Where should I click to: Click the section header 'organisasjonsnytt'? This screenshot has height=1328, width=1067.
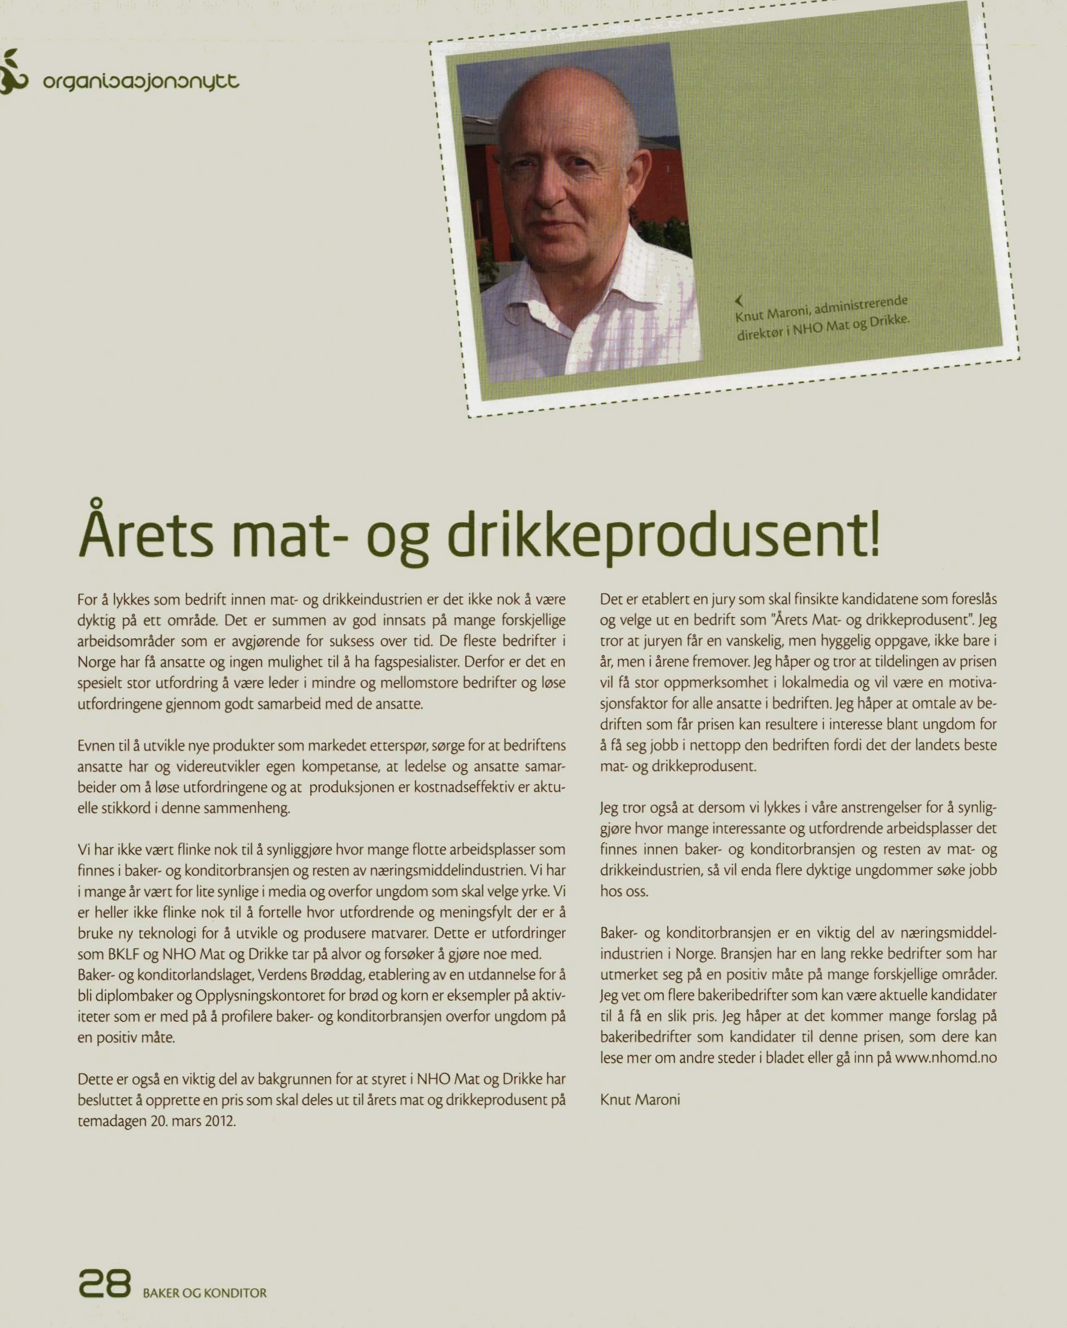click(140, 82)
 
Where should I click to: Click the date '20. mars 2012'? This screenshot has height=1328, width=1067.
click(193, 1121)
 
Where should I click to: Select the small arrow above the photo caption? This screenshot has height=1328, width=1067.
click(739, 300)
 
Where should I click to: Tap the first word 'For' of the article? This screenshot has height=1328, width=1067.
click(87, 599)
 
